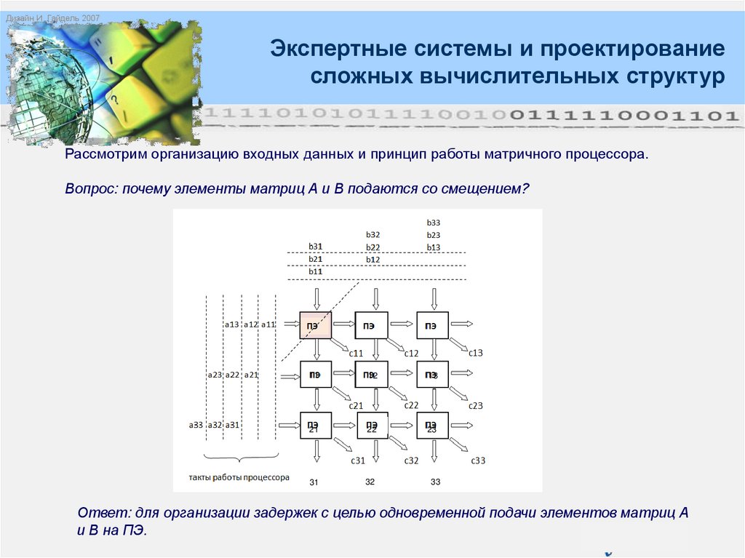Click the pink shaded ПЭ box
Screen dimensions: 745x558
(315, 325)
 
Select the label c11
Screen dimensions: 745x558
(356, 353)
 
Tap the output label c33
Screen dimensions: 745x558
(477, 461)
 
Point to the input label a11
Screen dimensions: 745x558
(268, 324)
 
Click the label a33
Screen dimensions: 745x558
(196, 425)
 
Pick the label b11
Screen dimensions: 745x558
(315, 271)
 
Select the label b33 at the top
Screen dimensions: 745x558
(434, 223)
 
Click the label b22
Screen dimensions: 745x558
(373, 247)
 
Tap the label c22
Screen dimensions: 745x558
(411, 405)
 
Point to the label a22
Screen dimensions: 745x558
(232, 375)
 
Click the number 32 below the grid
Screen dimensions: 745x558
(370, 482)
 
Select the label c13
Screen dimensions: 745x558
(475, 353)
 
